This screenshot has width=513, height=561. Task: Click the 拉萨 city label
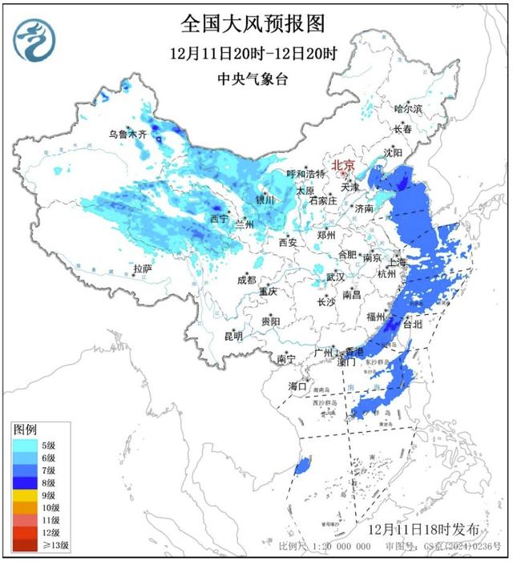[x=143, y=268]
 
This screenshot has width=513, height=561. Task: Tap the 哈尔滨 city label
[x=407, y=108]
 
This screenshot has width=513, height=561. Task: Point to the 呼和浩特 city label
[x=306, y=174]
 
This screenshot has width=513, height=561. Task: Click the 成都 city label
[x=246, y=280]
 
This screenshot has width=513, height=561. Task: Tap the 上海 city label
[x=398, y=262]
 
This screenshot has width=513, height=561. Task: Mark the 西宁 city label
[x=219, y=218]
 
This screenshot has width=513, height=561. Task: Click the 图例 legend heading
[x=25, y=430]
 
